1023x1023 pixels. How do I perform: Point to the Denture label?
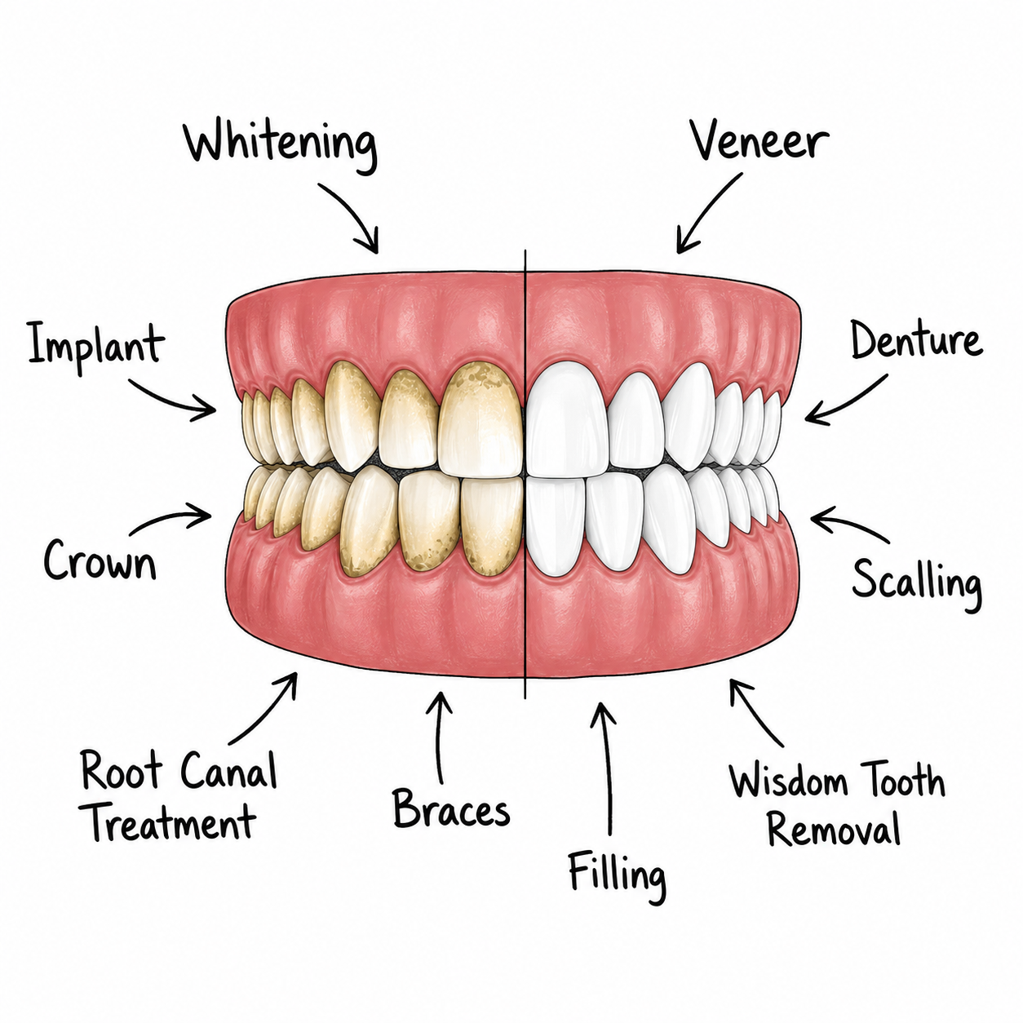(x=917, y=339)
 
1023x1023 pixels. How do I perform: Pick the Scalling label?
(x=917, y=584)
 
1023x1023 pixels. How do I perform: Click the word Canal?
(x=229, y=771)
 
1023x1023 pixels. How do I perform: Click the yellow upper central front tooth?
(x=481, y=419)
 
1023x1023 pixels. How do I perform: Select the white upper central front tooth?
(x=568, y=419)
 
